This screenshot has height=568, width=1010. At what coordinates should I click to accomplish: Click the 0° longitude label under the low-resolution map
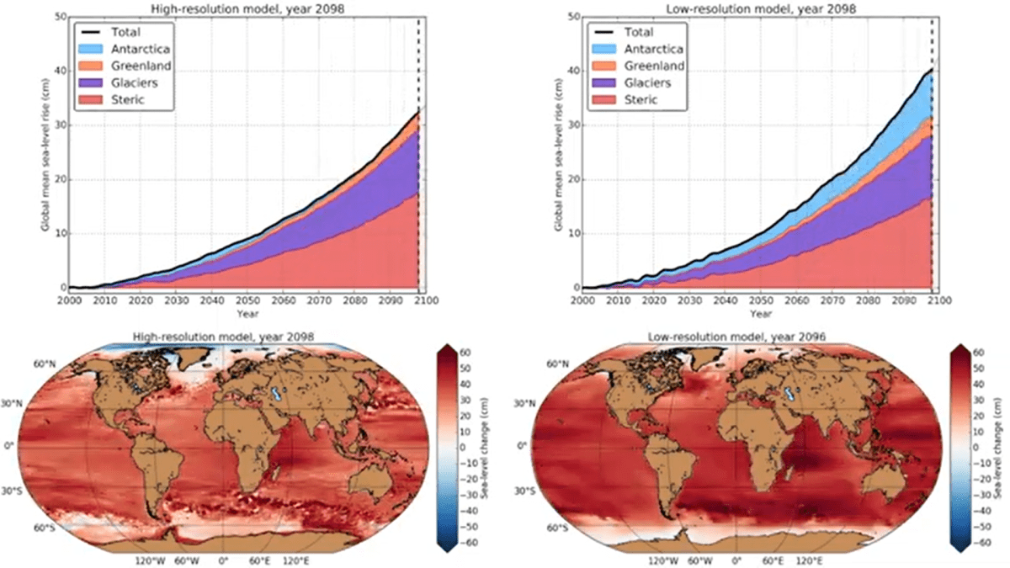point(737,559)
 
